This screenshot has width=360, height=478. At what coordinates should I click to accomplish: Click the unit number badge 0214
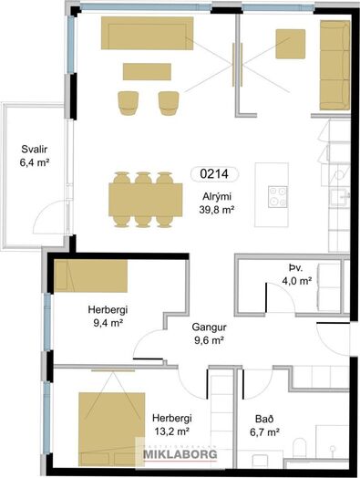[x=214, y=174]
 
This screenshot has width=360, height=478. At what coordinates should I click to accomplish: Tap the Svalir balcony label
[x=35, y=156]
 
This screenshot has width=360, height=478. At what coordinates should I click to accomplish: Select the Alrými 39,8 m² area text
[x=217, y=203]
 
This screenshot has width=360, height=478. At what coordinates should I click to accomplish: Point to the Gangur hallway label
[x=209, y=334]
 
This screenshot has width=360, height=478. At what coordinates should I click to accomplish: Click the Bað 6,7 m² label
[x=264, y=425]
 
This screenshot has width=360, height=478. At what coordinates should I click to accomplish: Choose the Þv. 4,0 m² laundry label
[x=296, y=275]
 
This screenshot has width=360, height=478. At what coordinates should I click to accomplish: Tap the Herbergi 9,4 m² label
[x=108, y=317]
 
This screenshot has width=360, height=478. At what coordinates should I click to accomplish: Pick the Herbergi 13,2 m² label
[x=172, y=424]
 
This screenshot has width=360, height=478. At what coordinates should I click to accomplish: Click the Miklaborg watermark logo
[x=180, y=454]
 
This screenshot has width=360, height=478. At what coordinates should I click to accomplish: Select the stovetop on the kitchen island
[x=277, y=197]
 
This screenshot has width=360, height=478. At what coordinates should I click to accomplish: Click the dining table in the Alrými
[x=146, y=200]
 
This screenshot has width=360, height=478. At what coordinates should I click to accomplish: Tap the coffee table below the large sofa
[x=147, y=72]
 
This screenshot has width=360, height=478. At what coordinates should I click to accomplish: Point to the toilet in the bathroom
[x=299, y=448]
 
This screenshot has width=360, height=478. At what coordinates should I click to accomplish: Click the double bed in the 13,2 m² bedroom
[x=112, y=430]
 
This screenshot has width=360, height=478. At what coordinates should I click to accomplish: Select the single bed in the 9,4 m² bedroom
[x=91, y=275]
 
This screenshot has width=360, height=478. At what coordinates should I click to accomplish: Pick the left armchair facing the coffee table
[x=129, y=103]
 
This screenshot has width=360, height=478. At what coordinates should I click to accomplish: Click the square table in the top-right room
[x=290, y=44]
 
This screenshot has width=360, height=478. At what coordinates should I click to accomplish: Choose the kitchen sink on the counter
[x=339, y=198]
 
